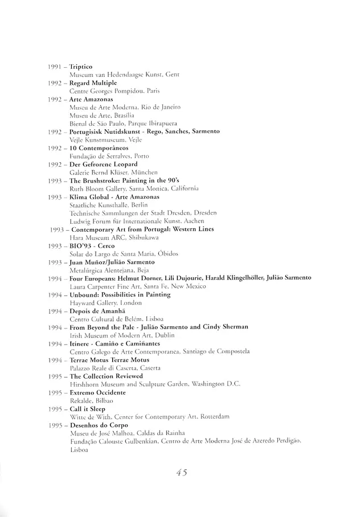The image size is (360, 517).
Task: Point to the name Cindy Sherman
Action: coord(222,327)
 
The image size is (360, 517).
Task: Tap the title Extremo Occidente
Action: coord(97,392)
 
